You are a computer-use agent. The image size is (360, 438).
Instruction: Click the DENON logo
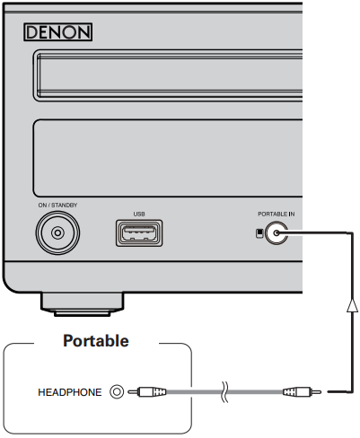[x=57, y=32]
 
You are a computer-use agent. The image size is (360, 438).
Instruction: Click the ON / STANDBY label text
[x=57, y=206]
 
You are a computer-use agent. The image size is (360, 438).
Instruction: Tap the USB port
[x=139, y=233]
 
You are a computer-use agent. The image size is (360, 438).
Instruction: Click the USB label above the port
[x=139, y=214]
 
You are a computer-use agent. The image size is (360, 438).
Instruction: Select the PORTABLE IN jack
[x=277, y=233]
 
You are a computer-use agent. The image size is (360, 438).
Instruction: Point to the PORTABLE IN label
[x=277, y=214]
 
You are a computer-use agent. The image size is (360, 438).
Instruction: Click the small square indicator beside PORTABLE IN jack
[x=259, y=233]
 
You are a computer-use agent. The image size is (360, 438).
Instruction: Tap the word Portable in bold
[x=96, y=341]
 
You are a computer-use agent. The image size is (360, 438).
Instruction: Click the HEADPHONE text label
[x=70, y=392]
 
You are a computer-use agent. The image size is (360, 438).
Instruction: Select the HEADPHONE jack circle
[x=117, y=391]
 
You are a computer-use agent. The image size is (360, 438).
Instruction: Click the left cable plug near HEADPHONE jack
[x=147, y=391]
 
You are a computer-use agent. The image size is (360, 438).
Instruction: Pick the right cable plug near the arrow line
[x=302, y=391]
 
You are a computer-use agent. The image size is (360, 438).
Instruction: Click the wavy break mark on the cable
[x=224, y=391]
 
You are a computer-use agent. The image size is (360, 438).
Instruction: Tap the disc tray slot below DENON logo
[x=169, y=75]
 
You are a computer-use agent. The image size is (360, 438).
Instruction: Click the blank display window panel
[x=168, y=158]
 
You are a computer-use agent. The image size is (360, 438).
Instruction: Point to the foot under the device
[x=83, y=304]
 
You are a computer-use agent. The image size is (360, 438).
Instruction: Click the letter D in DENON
[x=32, y=32]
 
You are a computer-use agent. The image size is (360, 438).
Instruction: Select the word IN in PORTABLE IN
[x=292, y=214]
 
